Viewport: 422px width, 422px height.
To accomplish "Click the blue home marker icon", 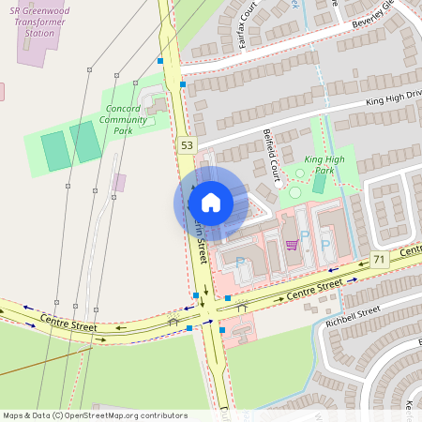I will tap(211, 202).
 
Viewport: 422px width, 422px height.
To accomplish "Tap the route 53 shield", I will tap(188, 144).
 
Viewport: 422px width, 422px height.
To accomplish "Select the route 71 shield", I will tap(379, 259).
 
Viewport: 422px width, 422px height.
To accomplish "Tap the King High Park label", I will tap(324, 165).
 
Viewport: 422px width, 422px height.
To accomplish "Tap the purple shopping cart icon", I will tap(292, 245).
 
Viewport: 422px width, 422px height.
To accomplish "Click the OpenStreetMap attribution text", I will tap(95, 414).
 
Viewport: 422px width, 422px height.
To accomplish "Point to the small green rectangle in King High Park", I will tap(319, 183).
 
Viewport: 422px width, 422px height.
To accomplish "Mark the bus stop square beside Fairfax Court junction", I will tap(182, 84).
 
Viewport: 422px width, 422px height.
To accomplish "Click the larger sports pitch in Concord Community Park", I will tap(56, 151).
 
